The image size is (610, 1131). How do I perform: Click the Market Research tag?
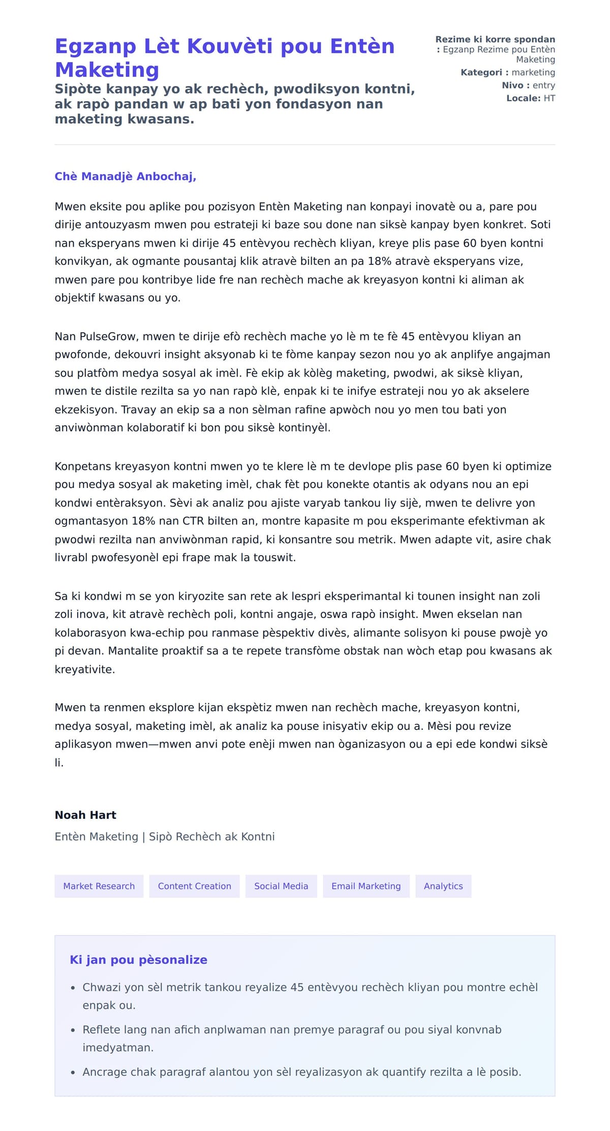point(99,886)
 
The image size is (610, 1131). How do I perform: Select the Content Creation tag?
point(194,886)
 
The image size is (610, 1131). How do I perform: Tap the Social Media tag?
point(281,886)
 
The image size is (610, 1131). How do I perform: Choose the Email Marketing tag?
point(366,886)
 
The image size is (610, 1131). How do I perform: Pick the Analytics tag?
point(443,886)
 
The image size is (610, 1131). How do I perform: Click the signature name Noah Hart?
point(85,815)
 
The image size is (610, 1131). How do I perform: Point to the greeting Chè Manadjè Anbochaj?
point(125,176)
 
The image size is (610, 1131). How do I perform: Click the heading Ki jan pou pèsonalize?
point(138,960)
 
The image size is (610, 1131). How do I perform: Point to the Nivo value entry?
point(543,85)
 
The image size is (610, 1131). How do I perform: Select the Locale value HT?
point(549,98)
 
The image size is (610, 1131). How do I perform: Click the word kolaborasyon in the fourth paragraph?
point(90,633)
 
